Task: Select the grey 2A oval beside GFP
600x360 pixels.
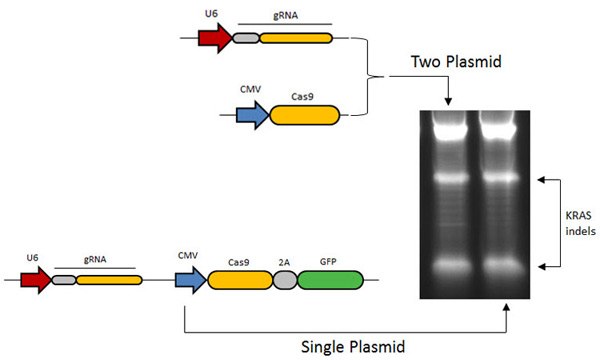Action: pyautogui.click(x=284, y=279)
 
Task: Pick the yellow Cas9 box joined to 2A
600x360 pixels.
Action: pyautogui.click(x=239, y=279)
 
